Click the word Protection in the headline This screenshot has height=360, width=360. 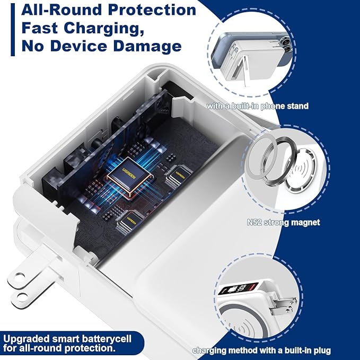(152, 10)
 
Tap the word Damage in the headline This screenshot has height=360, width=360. (147, 46)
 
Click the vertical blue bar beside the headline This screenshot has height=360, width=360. (13, 29)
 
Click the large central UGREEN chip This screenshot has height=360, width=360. (129, 175)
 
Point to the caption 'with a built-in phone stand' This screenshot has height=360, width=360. (257, 106)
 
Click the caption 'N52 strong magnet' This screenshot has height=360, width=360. (283, 222)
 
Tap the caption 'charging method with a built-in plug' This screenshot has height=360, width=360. (262, 350)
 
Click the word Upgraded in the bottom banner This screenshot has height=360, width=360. (27, 339)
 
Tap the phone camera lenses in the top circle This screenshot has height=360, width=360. (285, 45)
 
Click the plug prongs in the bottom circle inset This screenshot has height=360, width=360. (283, 306)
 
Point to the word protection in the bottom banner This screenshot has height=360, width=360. (90, 348)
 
